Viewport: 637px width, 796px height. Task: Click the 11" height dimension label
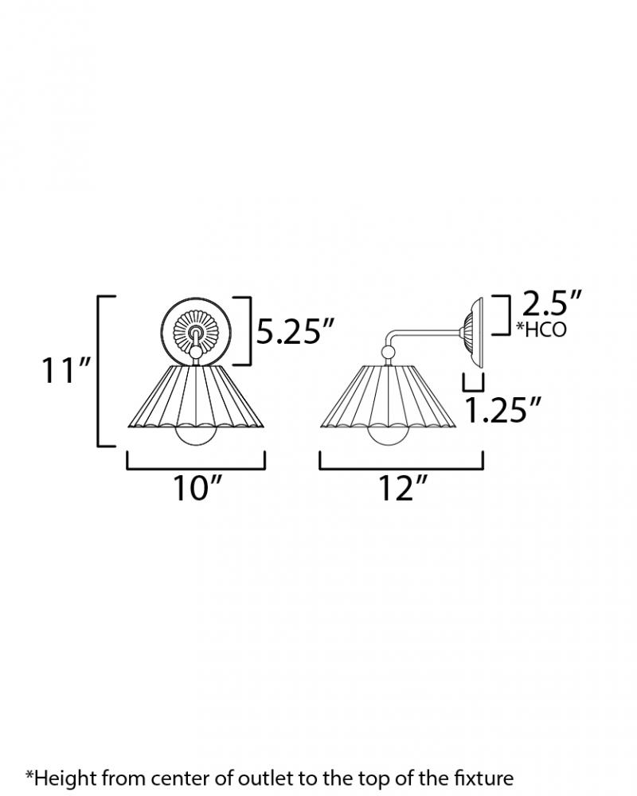click(x=66, y=370)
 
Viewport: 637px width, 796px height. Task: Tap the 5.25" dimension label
click(x=295, y=331)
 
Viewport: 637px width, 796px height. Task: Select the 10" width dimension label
click(x=197, y=489)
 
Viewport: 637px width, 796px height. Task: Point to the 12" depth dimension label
click(x=401, y=489)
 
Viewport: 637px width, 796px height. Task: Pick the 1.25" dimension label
click(x=502, y=410)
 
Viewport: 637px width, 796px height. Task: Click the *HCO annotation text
click(x=541, y=330)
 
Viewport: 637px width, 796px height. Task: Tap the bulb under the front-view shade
click(x=196, y=435)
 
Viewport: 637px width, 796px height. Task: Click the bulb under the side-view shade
click(x=389, y=435)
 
